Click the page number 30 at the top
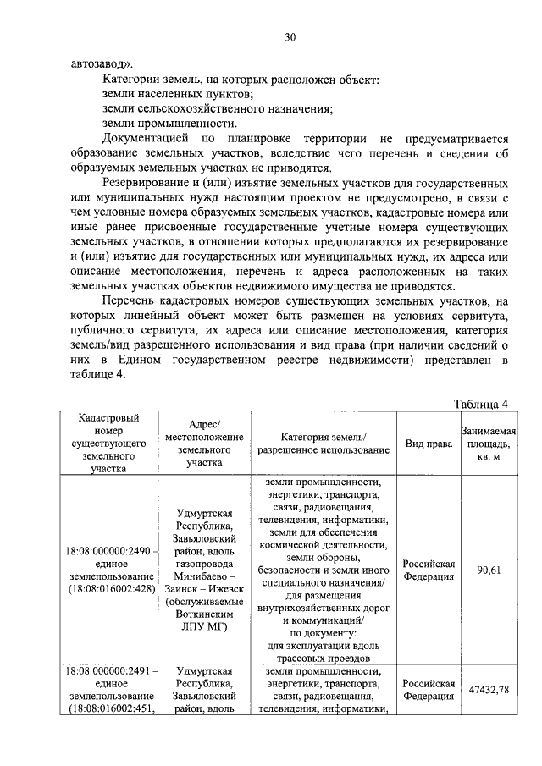click(290, 37)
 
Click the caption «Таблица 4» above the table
click(480, 401)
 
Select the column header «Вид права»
click(428, 443)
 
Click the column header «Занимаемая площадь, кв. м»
click(488, 443)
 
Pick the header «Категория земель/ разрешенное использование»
click(324, 443)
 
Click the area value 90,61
click(488, 570)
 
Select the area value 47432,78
click(488, 690)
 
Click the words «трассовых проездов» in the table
click(324, 658)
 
